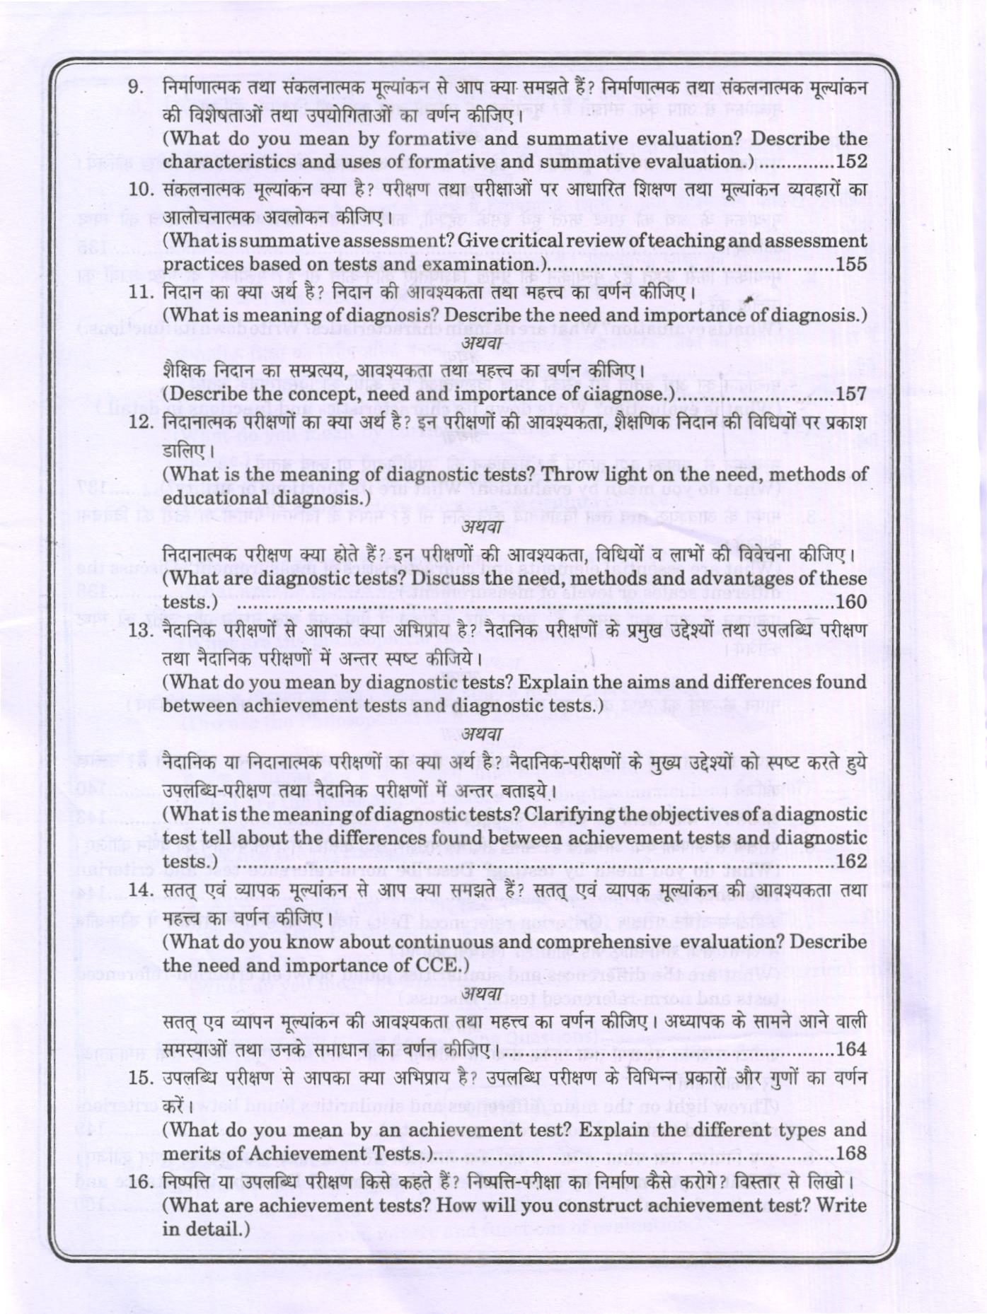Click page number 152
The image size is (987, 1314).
click(x=851, y=161)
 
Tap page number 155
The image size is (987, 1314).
click(x=851, y=264)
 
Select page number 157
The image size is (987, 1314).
click(x=851, y=393)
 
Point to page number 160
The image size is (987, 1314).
click(x=851, y=602)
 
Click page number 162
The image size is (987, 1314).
click(x=851, y=861)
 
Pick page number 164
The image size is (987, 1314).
click(x=851, y=1049)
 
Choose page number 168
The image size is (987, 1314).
click(x=851, y=1153)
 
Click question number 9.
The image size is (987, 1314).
click(x=137, y=88)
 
